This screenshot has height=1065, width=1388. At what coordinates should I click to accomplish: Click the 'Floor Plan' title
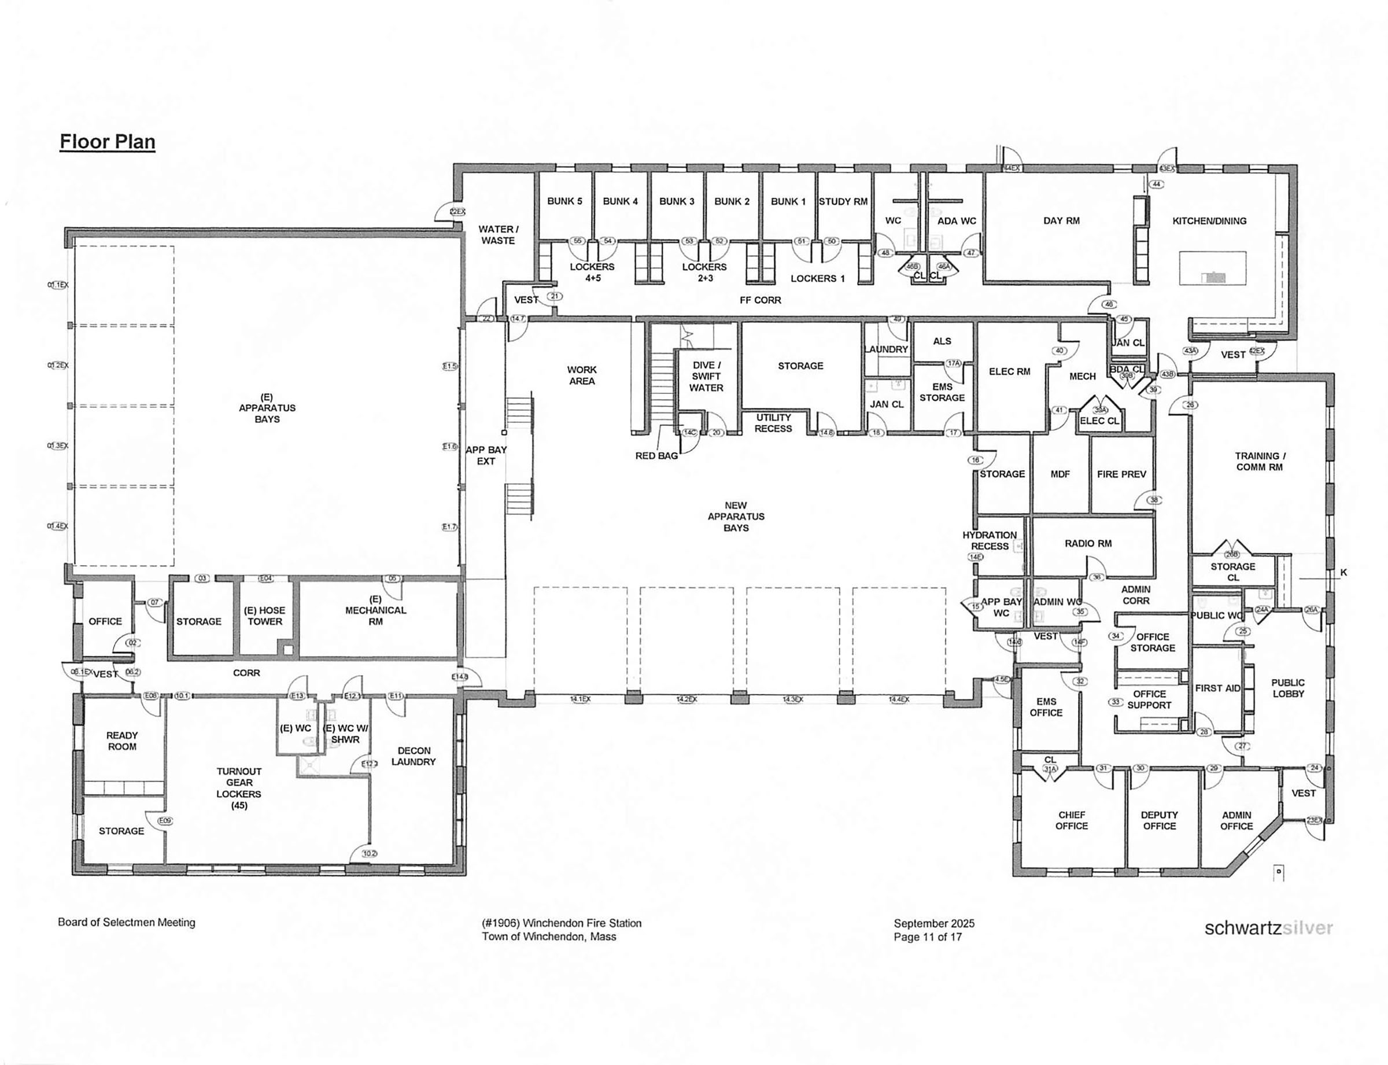[x=107, y=141]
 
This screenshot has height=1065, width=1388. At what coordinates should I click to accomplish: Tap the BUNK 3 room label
[x=676, y=201]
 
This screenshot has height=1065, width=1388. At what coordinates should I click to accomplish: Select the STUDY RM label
[x=843, y=201]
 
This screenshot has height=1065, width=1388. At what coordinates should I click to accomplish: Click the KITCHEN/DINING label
[x=1209, y=221]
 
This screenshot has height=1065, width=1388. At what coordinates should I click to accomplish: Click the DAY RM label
[x=1061, y=221]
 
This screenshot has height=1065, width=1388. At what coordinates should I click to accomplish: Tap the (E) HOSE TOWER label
[x=264, y=616]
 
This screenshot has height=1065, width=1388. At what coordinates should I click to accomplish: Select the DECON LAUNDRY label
[x=414, y=756]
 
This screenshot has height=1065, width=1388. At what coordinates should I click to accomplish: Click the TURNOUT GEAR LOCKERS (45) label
[x=239, y=788]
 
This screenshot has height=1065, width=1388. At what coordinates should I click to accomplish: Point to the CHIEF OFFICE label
[x=1071, y=820]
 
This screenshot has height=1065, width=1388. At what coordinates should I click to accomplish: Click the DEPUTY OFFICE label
[x=1159, y=820]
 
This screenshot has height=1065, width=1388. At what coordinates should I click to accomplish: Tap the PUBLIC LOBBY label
[x=1288, y=688]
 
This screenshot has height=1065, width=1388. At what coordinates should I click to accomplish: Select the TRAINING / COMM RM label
[x=1260, y=462]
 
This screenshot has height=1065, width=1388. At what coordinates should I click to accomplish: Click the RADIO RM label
[x=1088, y=543]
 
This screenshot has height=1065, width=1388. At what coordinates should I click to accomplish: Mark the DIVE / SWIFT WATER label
[x=706, y=377]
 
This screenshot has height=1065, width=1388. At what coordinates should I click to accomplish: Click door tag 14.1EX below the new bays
[x=580, y=699]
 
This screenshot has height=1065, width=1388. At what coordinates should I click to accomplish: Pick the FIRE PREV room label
[x=1121, y=474]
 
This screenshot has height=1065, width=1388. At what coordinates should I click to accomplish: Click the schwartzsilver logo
[x=1268, y=928]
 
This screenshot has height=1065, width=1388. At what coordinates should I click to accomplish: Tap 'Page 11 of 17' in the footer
[x=927, y=937]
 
